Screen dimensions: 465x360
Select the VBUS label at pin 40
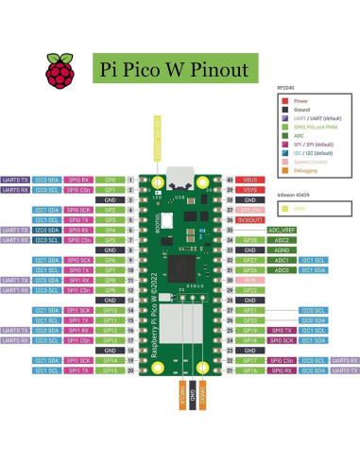[250, 179]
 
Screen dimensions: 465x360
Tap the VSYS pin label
[250, 189]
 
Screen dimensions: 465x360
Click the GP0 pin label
[111, 179]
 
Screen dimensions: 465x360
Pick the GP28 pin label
[250, 239]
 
